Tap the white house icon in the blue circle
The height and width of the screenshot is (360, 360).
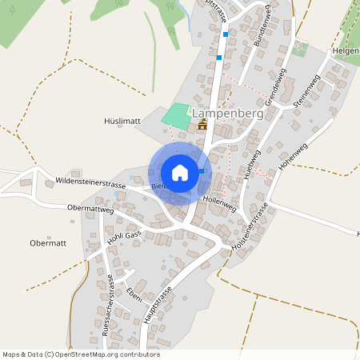click(x=180, y=173)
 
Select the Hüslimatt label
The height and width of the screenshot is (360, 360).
click(x=122, y=121)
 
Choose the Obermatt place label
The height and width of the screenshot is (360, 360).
click(x=46, y=242)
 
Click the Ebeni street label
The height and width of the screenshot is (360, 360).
click(x=134, y=293)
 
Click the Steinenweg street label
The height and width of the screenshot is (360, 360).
click(x=306, y=93)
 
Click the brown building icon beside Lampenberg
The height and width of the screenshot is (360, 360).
click(x=202, y=124)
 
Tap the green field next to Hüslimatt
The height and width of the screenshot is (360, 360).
click(x=177, y=114)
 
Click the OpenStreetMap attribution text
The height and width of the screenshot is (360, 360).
click(x=81, y=354)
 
